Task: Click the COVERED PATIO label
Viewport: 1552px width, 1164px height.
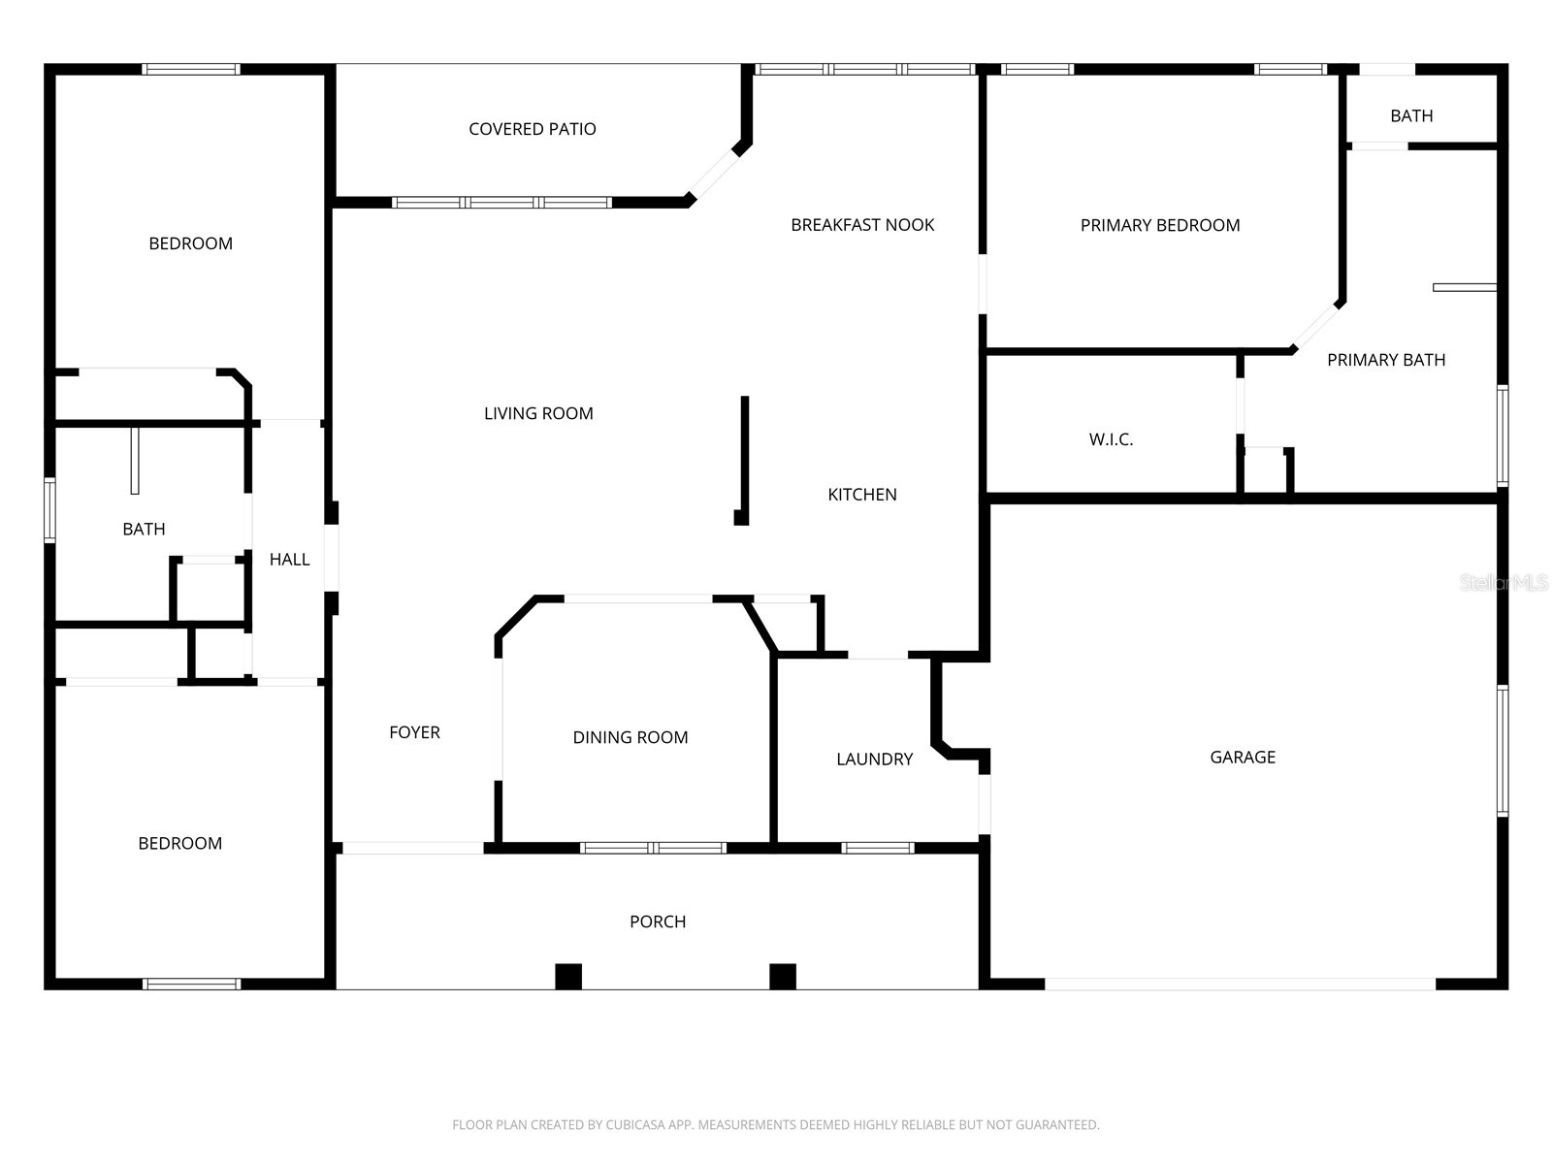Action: [532, 129]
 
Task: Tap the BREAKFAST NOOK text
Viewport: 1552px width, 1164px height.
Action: [862, 225]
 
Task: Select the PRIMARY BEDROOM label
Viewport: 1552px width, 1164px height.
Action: [1160, 225]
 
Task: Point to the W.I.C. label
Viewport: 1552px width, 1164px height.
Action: [1111, 439]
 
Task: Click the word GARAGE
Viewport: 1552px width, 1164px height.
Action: [1243, 757]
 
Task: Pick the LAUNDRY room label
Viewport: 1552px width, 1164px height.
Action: [874, 759]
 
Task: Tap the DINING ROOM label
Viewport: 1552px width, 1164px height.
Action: [630, 737]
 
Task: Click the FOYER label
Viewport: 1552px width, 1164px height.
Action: [414, 732]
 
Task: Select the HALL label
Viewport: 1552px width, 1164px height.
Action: [289, 560]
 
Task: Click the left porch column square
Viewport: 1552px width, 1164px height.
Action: [568, 976]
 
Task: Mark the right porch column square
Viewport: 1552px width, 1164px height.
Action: [783, 976]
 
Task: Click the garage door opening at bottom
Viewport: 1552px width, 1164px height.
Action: [1240, 984]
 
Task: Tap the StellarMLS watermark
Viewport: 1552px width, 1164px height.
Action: [1504, 582]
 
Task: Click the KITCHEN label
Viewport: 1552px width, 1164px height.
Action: [861, 495]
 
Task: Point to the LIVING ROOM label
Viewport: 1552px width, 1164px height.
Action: [538, 413]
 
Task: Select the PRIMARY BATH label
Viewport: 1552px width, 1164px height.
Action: [1386, 360]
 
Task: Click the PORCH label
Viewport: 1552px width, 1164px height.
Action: [658, 921]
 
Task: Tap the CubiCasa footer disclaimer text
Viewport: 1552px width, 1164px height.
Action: [775, 1125]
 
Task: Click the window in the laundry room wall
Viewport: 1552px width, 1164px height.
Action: [878, 848]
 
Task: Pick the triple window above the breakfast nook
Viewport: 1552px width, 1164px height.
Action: [864, 69]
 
